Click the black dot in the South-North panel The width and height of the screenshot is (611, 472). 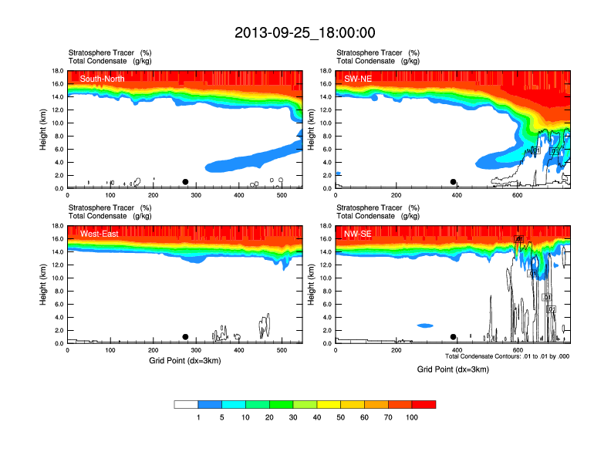pyautogui.click(x=185, y=182)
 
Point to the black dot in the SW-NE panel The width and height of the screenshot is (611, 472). pyautogui.click(x=454, y=182)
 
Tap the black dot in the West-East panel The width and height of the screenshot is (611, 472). pyautogui.click(x=185, y=337)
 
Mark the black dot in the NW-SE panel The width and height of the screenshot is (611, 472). pyautogui.click(x=454, y=337)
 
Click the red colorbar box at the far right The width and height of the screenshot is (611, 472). pyautogui.click(x=424, y=404)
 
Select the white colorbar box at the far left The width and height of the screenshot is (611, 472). pyautogui.click(x=186, y=404)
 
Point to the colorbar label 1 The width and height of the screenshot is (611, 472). pyautogui.click(x=198, y=417)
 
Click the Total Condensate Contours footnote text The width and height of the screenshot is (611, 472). pyautogui.click(x=508, y=356)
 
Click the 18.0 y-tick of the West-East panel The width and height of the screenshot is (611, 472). pyautogui.click(x=57, y=226)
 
